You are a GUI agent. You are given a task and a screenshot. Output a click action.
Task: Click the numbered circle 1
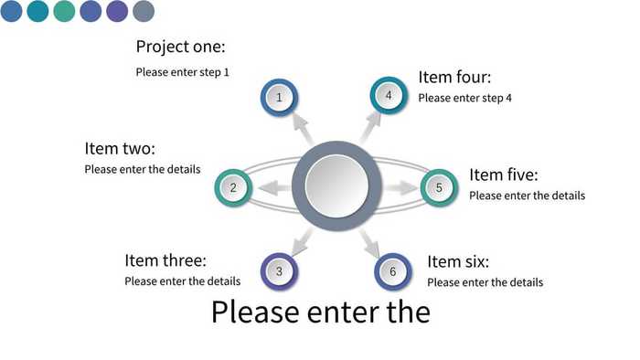(279, 96)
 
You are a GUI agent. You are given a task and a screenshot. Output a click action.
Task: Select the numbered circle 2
(233, 188)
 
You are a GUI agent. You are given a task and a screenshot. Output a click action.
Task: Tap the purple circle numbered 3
(280, 270)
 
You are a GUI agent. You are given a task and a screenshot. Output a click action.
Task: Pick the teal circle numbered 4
(389, 95)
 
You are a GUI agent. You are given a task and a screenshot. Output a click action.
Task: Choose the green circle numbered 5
(439, 187)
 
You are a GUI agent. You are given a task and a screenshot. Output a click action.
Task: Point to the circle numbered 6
(392, 271)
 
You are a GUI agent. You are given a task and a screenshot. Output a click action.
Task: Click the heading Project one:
(180, 47)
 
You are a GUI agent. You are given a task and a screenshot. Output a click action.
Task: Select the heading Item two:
(120, 148)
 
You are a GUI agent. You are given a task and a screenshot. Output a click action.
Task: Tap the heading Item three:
(165, 260)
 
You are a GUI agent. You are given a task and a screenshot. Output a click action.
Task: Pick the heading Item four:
(454, 78)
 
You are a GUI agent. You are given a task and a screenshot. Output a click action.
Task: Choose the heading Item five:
(503, 175)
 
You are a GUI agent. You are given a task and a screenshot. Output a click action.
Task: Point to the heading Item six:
(458, 262)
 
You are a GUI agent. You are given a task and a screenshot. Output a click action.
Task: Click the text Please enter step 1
(183, 71)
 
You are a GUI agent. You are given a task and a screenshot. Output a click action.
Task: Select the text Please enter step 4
(464, 98)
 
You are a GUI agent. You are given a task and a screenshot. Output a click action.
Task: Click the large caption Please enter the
(320, 312)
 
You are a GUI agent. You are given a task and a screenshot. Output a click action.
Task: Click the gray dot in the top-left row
(144, 11)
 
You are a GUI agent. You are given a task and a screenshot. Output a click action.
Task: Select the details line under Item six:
(485, 282)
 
